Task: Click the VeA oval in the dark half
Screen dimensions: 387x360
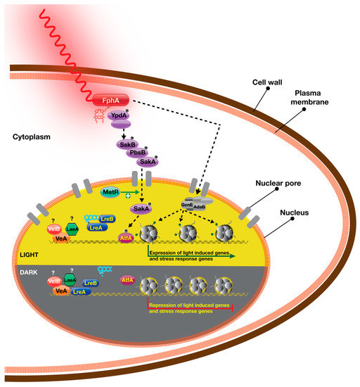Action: coord(62,291)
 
